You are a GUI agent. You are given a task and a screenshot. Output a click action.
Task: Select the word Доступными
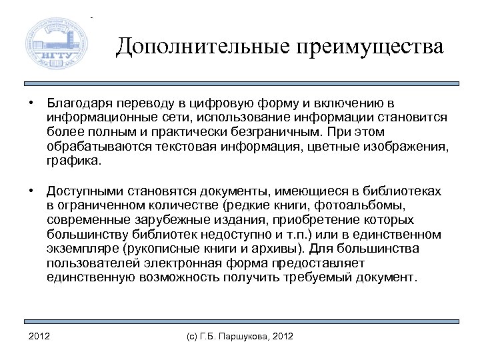click(x=81, y=191)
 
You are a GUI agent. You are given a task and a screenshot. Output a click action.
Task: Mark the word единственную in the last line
click(x=89, y=277)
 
